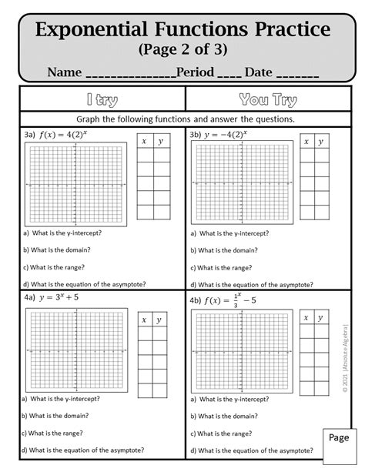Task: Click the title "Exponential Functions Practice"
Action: point(182,32)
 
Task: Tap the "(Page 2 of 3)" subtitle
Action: point(182,52)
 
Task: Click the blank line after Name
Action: point(130,75)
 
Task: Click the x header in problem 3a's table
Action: point(144,142)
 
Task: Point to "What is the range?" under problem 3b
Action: point(224,267)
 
